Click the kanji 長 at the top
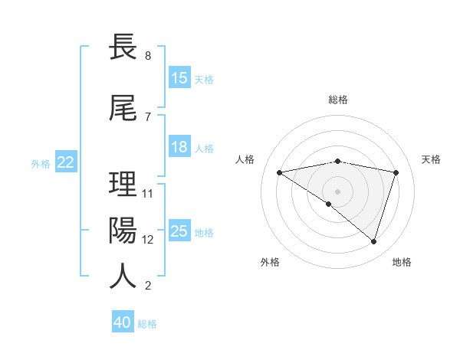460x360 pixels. pyautogui.click(x=123, y=47)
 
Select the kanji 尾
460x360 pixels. pyautogui.click(x=123, y=107)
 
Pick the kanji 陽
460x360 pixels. pyautogui.click(x=123, y=230)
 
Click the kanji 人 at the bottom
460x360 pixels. pyautogui.click(x=123, y=276)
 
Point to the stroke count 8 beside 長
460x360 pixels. pyautogui.click(x=147, y=56)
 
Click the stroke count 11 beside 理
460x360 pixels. pyautogui.click(x=149, y=193)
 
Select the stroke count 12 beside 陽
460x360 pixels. pyautogui.click(x=149, y=239)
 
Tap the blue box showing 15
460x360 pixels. pyautogui.click(x=179, y=77)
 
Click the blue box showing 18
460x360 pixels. pyautogui.click(x=179, y=146)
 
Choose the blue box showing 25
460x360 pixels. pyautogui.click(x=179, y=231)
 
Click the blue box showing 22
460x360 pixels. pyautogui.click(x=66, y=162)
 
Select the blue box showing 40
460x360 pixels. pyautogui.click(x=123, y=322)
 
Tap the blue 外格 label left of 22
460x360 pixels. pyautogui.click(x=41, y=163)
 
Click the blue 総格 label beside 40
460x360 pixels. pyautogui.click(x=147, y=324)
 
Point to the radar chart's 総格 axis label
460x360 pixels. pyautogui.click(x=337, y=100)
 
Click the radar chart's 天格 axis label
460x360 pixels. pyautogui.click(x=431, y=159)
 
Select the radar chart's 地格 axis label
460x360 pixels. pyautogui.click(x=402, y=262)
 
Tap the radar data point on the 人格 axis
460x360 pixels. pyautogui.click(x=280, y=172)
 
